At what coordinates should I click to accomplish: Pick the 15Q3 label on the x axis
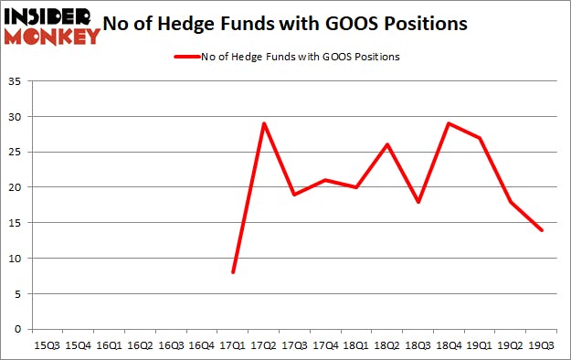click(x=48, y=345)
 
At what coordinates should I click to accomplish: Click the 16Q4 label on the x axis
click(x=202, y=345)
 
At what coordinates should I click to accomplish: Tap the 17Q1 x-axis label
click(x=233, y=345)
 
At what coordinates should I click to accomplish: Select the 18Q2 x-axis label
click(x=387, y=345)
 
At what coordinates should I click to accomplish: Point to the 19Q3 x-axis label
click(x=542, y=345)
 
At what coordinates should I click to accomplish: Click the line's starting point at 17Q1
click(x=233, y=272)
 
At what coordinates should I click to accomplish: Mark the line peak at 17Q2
click(x=264, y=123)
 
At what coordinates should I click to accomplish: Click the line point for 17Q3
click(x=295, y=195)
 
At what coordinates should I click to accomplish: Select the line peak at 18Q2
click(x=387, y=144)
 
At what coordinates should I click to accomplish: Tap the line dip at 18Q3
click(x=418, y=201)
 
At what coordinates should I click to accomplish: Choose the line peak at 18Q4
click(x=449, y=123)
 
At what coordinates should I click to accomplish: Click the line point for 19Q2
click(x=511, y=201)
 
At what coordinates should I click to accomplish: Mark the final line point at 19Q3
click(x=542, y=230)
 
